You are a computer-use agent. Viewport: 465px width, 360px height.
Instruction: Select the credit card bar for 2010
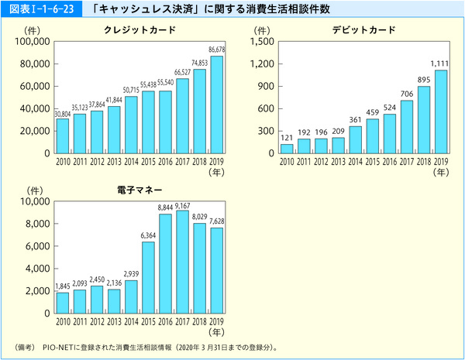click(x=63, y=135)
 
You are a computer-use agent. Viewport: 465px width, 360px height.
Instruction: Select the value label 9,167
click(x=182, y=205)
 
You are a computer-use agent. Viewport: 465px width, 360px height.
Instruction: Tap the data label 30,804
click(x=61, y=114)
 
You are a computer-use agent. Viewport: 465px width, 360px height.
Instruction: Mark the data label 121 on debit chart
click(x=287, y=138)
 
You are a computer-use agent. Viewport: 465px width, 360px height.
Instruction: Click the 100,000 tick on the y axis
click(x=29, y=41)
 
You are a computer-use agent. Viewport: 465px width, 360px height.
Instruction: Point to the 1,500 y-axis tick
click(x=260, y=41)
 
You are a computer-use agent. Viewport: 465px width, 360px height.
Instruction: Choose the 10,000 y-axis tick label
click(x=32, y=202)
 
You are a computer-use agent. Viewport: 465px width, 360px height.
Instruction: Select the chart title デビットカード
click(x=364, y=29)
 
